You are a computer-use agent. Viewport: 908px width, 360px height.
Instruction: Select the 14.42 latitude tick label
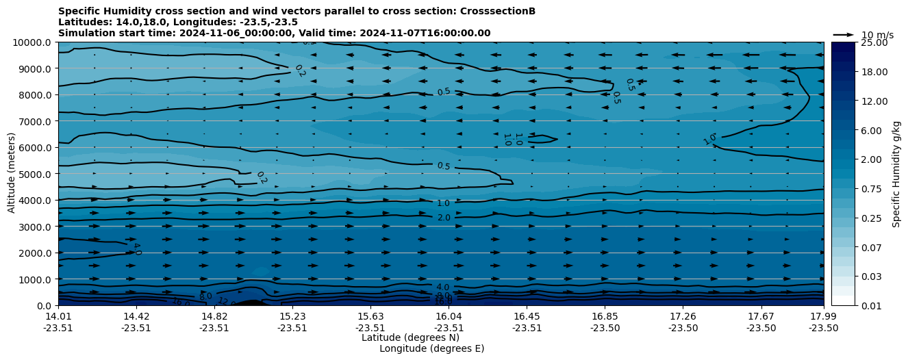[x=136, y=316]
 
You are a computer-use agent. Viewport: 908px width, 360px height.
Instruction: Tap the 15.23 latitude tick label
[x=292, y=316]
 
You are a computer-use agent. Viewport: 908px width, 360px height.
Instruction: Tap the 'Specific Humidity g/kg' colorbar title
[x=896, y=174]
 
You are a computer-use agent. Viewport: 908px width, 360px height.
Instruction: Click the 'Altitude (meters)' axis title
[x=12, y=174]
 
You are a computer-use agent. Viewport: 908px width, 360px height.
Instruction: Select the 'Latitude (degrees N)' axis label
[x=410, y=337]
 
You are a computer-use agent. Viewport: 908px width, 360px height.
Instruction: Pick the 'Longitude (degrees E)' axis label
[x=431, y=348]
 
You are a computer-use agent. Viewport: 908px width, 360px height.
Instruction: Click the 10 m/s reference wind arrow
[x=844, y=35]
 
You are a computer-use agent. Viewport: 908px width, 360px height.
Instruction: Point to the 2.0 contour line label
[x=444, y=218]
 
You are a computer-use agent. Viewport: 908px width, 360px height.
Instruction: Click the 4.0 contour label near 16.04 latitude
[x=443, y=287]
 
